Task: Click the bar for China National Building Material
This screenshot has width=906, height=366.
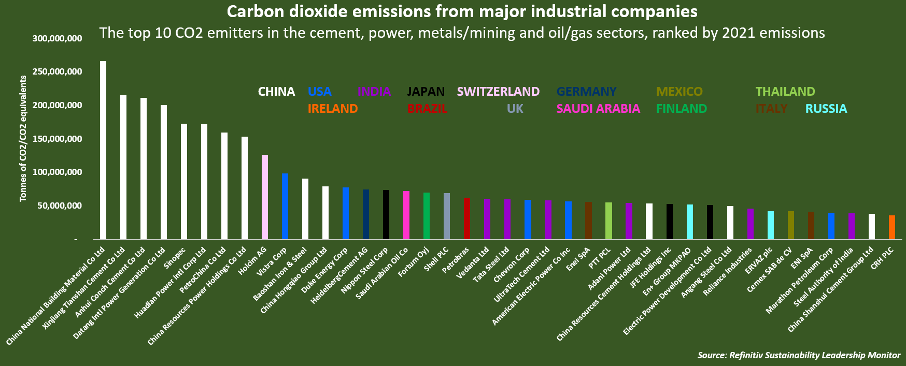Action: point(103,150)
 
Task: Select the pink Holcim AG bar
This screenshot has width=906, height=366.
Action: point(265,197)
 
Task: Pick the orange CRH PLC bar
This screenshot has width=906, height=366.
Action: point(892,227)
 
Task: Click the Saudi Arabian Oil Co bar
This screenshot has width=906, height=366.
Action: point(406,215)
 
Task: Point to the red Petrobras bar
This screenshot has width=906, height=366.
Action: point(467,218)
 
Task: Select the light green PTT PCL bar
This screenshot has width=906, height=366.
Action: point(608,221)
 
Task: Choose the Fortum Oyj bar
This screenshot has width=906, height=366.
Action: point(427,215)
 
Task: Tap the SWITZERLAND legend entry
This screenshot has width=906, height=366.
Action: point(498,92)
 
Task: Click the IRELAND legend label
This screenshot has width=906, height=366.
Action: point(333,109)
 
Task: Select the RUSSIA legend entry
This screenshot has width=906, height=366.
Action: point(826,109)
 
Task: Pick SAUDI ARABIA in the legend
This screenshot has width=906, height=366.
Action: point(598,109)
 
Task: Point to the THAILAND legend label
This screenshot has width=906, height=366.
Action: point(785,92)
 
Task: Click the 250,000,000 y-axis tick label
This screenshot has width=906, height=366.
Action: point(57,71)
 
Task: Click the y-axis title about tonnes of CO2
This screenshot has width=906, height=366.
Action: point(23,139)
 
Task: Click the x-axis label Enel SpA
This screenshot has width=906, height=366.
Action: point(579,258)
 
